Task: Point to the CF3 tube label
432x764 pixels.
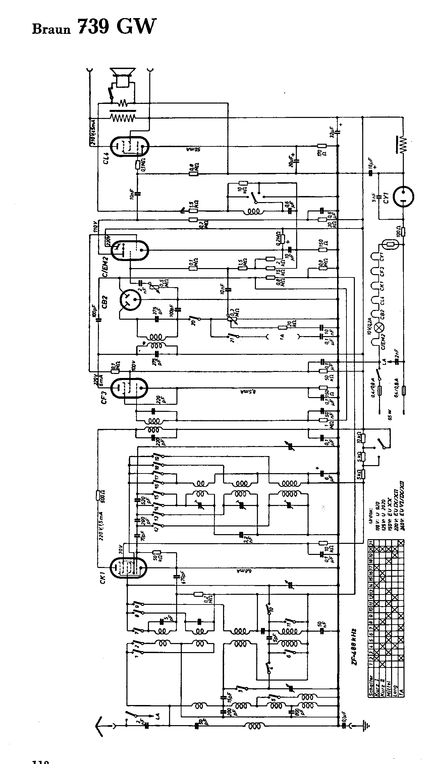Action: [x=104, y=395]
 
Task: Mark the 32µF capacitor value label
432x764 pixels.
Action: [x=332, y=132]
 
